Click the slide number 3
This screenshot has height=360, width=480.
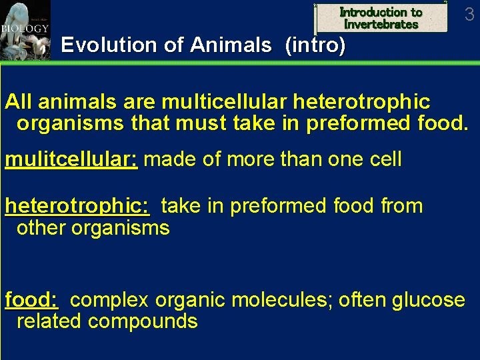pyautogui.click(x=469, y=14)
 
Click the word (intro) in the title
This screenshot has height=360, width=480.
pyautogui.click(x=315, y=45)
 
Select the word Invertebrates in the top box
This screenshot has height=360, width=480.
pyautogui.click(x=381, y=25)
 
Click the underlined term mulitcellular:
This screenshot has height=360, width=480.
pyautogui.click(x=71, y=159)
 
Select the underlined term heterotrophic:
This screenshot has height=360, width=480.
pyautogui.click(x=78, y=206)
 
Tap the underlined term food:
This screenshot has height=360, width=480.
pyautogui.click(x=31, y=300)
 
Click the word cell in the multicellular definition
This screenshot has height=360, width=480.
pyautogui.click(x=381, y=159)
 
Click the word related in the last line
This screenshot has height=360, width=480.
pyautogui.click(x=49, y=321)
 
